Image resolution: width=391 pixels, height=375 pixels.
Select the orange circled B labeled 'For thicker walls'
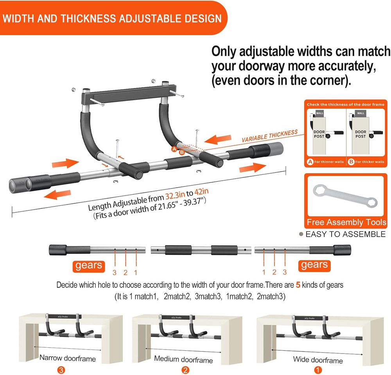pos(351,161)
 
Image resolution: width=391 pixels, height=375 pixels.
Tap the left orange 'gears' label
pos(88,266)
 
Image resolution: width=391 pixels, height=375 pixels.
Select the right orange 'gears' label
pos(314,265)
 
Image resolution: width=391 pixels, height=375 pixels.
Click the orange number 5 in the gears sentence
pos(298,285)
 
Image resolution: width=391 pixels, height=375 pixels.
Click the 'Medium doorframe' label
pos(183,359)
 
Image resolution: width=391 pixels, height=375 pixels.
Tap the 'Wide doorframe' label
pos(317,360)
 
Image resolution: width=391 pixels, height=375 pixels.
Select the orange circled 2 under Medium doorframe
pos(185,370)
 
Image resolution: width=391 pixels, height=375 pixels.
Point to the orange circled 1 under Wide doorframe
pos(319,370)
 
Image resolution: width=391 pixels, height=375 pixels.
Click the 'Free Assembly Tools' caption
pos(346,222)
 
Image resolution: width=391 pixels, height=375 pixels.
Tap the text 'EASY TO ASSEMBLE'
pos(345,234)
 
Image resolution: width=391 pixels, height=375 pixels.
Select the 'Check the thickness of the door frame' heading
pos(346,104)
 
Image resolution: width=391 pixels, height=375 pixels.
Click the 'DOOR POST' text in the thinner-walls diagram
pos(319,134)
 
